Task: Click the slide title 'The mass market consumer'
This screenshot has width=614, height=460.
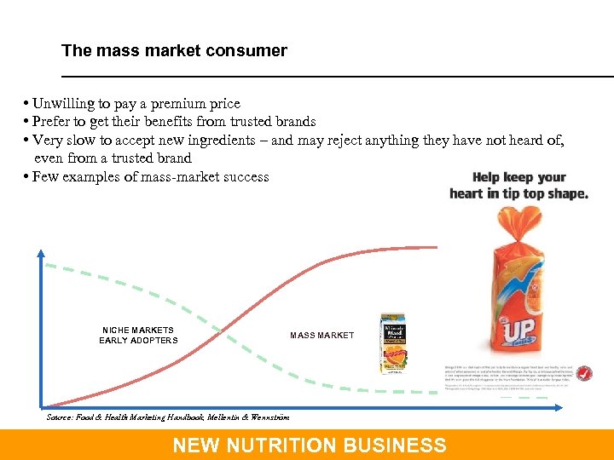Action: [x=174, y=50]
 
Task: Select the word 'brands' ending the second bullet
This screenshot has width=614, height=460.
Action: [x=293, y=122]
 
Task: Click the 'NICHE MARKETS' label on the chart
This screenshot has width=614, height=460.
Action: [x=138, y=330]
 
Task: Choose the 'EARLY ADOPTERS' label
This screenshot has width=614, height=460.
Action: [x=138, y=341]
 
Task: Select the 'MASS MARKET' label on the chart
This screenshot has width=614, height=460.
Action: [x=321, y=336]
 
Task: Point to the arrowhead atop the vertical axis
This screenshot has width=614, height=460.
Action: [x=41, y=252]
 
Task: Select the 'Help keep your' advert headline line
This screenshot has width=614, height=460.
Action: [x=519, y=177]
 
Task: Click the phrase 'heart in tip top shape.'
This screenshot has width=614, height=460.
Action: [x=518, y=193]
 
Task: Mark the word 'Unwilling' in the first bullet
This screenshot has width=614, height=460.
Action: [x=61, y=104]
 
